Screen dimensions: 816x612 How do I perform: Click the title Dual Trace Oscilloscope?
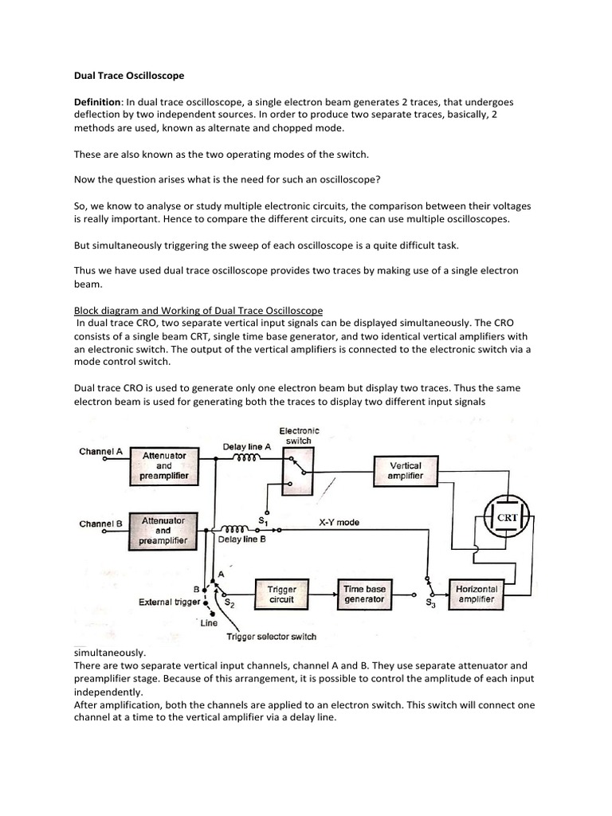tap(128, 76)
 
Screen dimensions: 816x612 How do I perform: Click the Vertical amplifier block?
tap(406, 470)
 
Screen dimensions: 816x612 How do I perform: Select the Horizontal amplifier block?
tap(477, 594)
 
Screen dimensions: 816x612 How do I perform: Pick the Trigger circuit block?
tap(281, 594)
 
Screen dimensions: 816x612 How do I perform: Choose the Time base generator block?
tap(364, 594)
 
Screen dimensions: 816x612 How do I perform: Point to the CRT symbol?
tap(508, 517)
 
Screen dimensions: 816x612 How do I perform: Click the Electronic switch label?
tap(300, 436)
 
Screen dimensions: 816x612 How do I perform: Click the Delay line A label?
tap(247, 446)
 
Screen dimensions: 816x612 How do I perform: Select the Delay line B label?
tap(241, 539)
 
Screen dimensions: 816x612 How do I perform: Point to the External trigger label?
tap(168, 602)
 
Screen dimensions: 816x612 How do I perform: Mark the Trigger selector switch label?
tap(271, 636)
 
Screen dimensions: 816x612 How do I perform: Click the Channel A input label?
tap(101, 451)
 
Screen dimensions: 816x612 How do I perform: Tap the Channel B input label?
tap(101, 524)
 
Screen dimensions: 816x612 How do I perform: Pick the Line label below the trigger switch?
tap(209, 622)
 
